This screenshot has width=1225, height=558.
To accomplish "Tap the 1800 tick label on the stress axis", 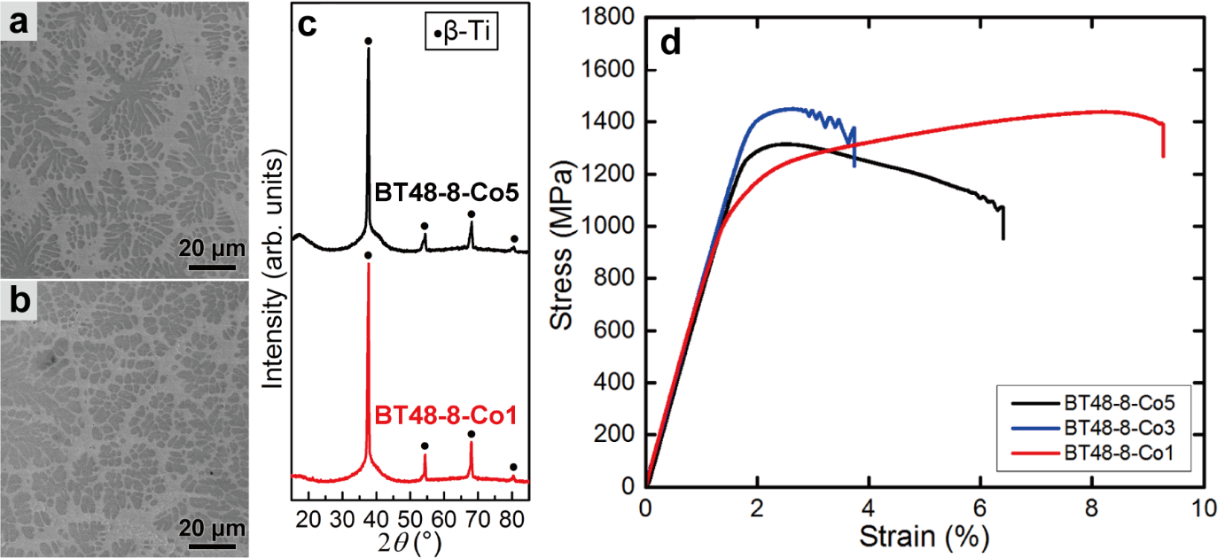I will pos(610,19).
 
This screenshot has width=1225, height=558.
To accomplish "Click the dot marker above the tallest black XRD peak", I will pos(368,41).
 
